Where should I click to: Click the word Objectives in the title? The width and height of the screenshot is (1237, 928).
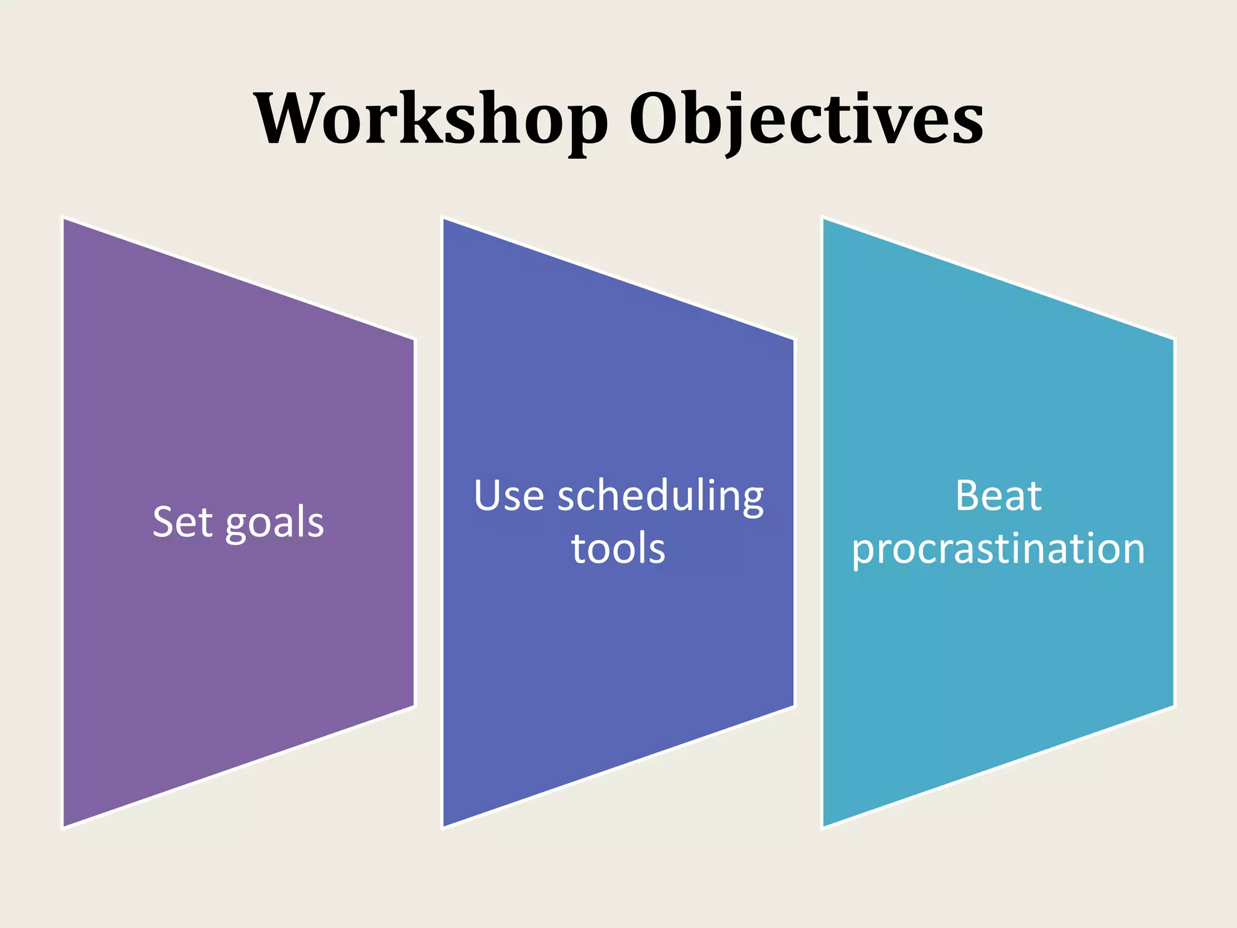[x=806, y=119]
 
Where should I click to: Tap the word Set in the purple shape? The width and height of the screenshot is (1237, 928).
[x=182, y=522]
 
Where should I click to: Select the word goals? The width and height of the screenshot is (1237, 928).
[x=274, y=523]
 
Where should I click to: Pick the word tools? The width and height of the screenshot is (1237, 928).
[x=618, y=549]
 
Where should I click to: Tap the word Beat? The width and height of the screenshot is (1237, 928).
[x=998, y=497]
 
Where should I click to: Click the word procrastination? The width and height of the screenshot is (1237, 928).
[x=998, y=550]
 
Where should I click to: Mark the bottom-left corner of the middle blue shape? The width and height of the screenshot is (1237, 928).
[x=445, y=825]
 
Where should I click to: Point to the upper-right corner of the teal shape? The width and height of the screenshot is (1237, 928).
[x=1172, y=340]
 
